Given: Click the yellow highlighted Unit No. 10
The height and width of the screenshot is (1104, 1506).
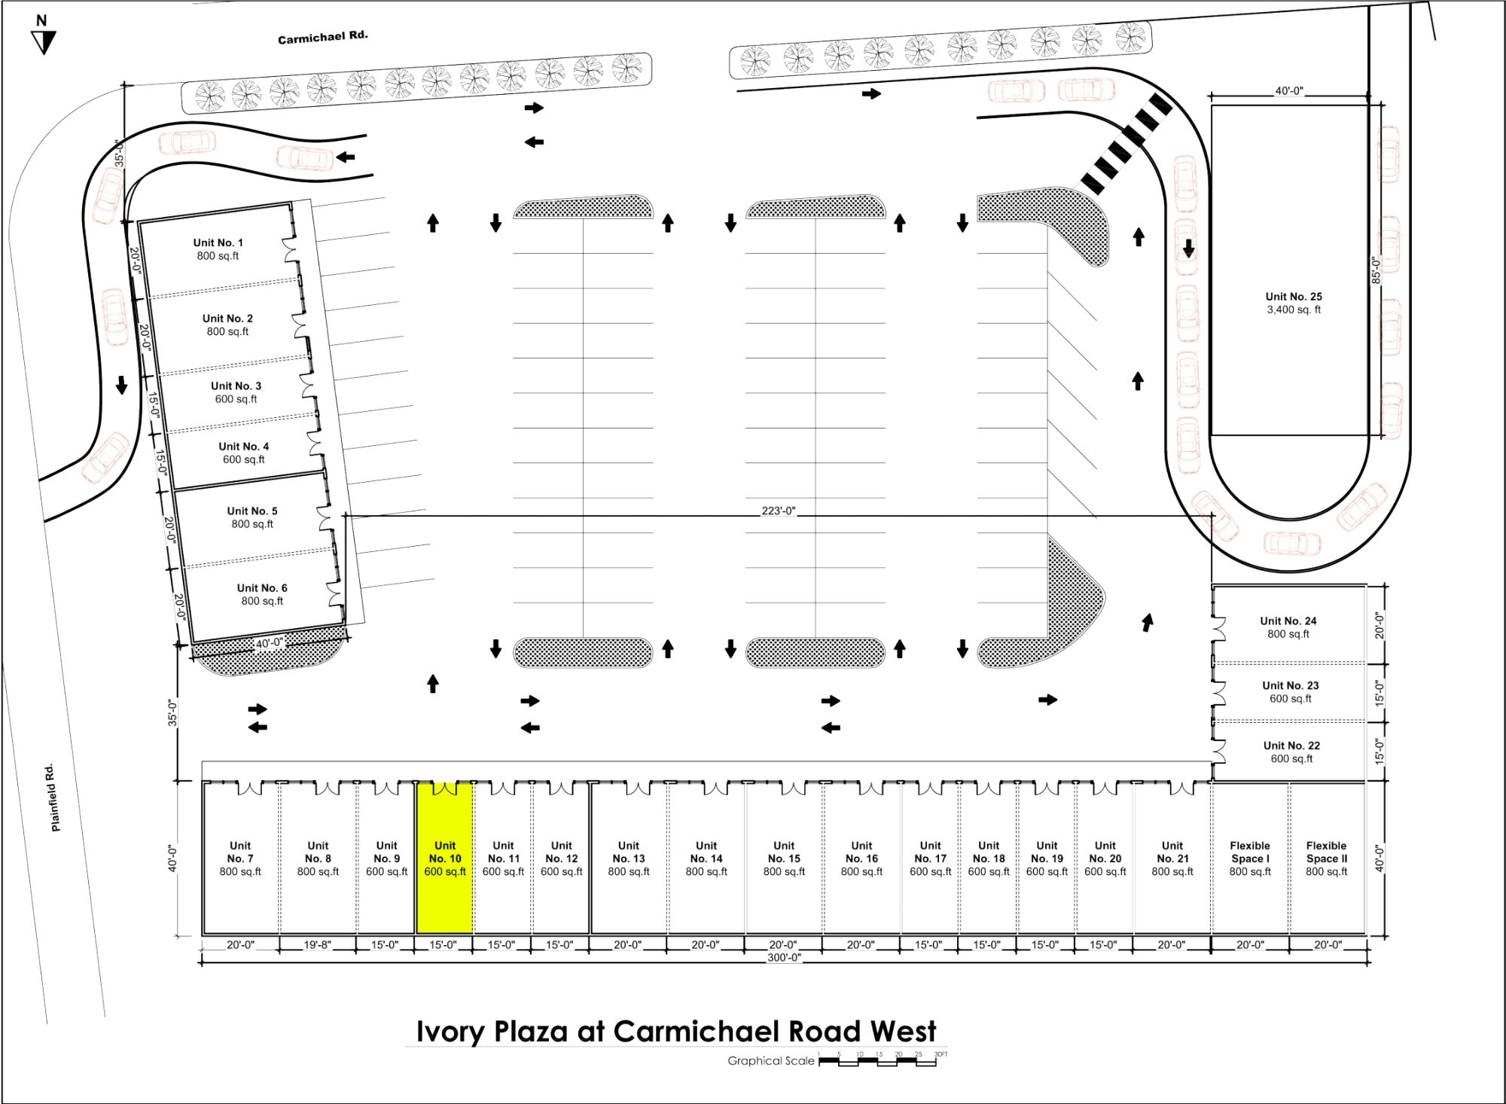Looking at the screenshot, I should [x=444, y=858].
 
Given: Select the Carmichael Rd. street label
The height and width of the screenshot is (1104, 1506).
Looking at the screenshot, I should [x=322, y=38].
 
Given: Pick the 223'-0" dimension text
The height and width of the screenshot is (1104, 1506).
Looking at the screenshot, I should [x=778, y=511].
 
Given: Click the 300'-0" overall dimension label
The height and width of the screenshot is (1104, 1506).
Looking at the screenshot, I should [x=784, y=957].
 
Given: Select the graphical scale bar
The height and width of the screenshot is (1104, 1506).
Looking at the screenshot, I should [x=877, y=1060].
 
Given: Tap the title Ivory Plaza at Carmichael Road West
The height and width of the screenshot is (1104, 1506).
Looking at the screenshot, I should [x=676, y=1031].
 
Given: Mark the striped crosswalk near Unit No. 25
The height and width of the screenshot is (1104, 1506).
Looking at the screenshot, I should [x=1126, y=142].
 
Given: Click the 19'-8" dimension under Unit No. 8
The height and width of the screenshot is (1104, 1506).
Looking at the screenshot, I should [x=317, y=944].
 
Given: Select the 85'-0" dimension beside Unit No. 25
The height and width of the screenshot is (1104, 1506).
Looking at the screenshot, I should [x=1376, y=270].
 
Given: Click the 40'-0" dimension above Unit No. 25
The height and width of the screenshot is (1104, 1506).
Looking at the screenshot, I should [x=1288, y=91].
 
